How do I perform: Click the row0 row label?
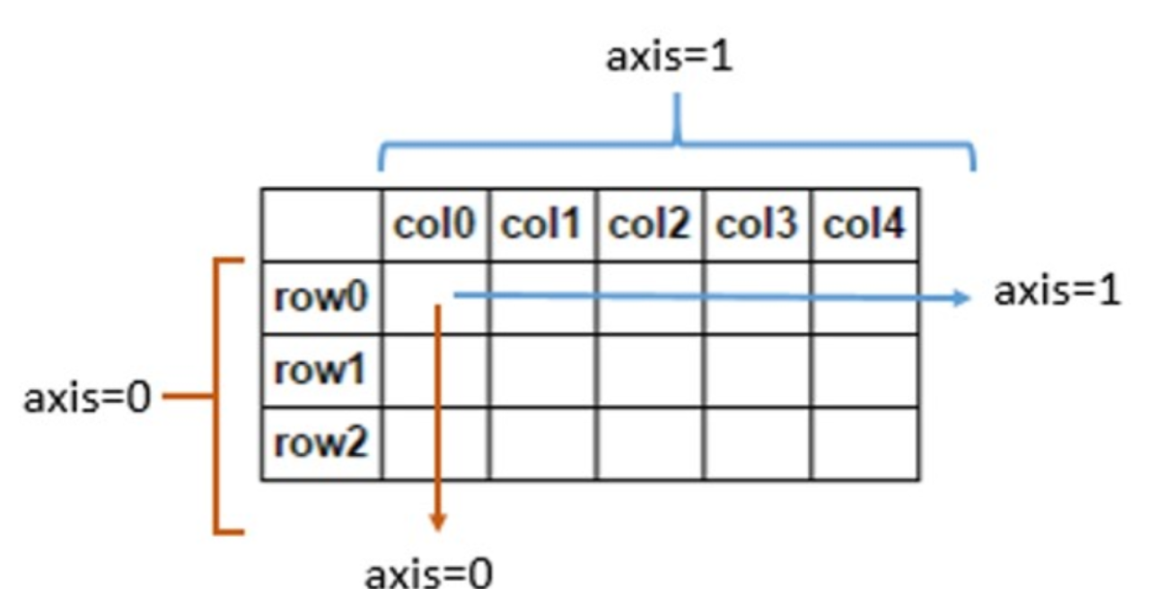321,298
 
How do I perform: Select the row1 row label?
321,371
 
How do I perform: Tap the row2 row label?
321,444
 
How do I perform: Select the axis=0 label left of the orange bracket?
87,398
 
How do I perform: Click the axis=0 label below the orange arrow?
429,572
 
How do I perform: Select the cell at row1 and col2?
649,371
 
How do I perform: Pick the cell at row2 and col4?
864,444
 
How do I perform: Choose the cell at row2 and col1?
542,444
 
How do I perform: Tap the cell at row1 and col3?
756,371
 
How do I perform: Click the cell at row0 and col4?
864,298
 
